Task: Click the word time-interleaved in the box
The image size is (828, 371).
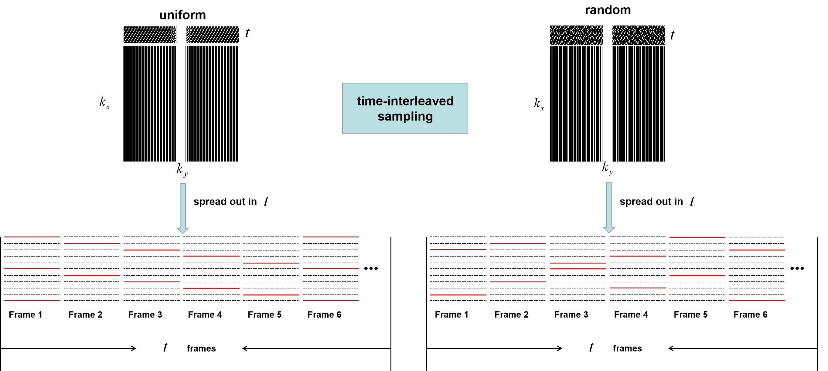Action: [405, 101]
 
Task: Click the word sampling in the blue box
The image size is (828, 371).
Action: [405, 116]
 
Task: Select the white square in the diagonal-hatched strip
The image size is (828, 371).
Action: [181, 34]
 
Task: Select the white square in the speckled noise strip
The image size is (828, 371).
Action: [607, 35]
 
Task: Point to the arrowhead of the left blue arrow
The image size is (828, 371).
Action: [183, 230]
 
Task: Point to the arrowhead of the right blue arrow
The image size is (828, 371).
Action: [609, 230]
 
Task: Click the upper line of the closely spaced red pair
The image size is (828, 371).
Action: [578, 263]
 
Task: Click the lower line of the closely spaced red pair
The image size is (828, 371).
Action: [578, 269]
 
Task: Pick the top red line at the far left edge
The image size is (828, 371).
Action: [32, 237]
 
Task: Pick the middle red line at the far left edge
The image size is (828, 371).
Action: [32, 268]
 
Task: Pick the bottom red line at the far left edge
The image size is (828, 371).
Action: [32, 301]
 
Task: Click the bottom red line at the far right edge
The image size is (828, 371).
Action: [757, 300]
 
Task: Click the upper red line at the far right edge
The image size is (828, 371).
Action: [757, 250]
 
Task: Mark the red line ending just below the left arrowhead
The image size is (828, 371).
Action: [152, 250]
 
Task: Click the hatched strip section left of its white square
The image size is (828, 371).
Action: [149, 34]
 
